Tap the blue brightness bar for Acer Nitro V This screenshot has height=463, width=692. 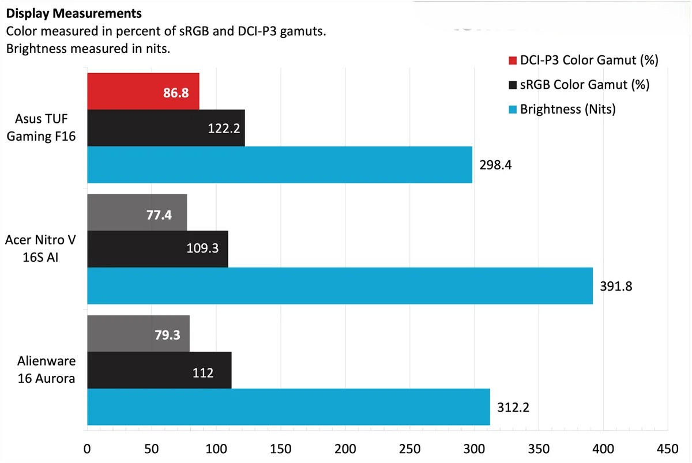click(340, 285)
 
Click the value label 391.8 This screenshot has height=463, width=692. click(616, 286)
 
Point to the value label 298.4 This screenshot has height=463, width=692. click(495, 165)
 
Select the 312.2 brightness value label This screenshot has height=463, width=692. click(513, 407)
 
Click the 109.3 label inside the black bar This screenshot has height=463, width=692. click(202, 249)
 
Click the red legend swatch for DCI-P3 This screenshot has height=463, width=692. click(513, 60)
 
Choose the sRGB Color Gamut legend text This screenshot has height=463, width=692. click(584, 85)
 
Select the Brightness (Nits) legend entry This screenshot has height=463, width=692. click(567, 109)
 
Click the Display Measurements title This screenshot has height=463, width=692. click(74, 12)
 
